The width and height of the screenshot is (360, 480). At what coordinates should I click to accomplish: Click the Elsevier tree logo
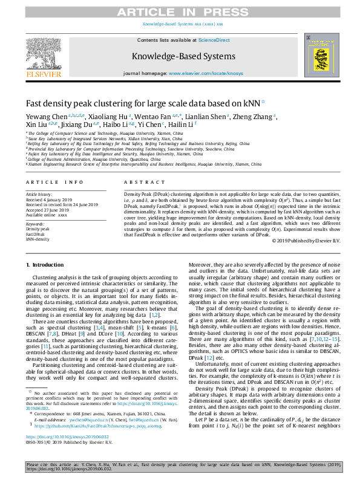(44, 57)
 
